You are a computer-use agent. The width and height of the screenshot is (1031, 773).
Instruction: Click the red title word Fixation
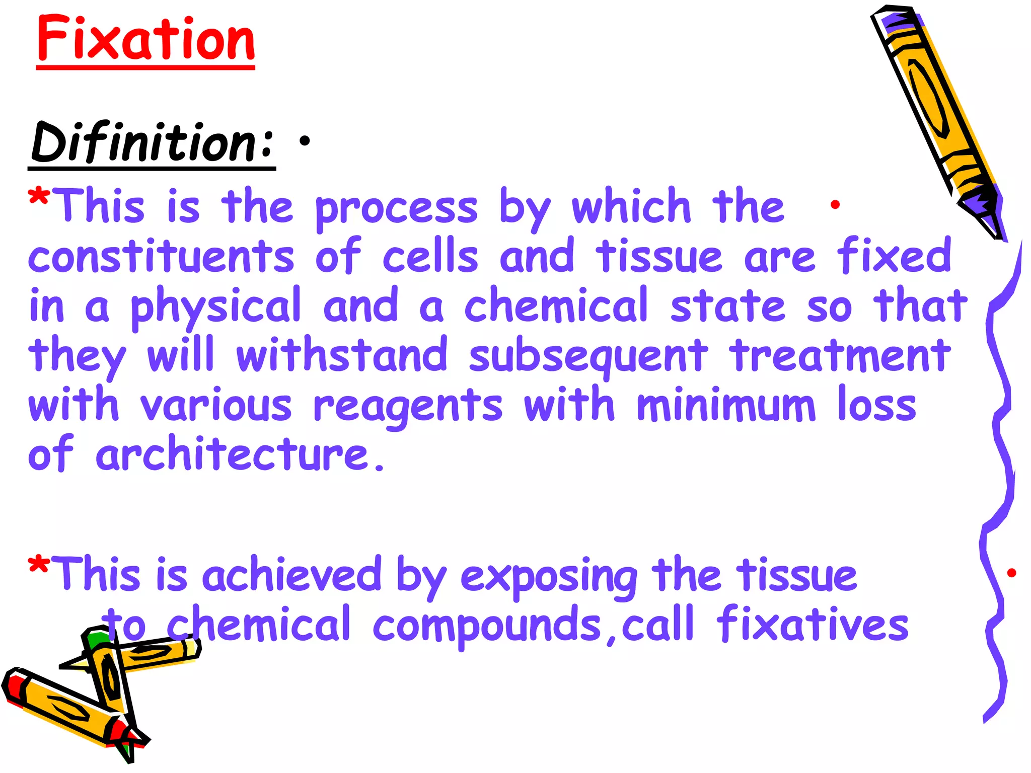[x=146, y=39]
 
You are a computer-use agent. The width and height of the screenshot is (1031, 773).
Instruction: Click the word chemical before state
[x=556, y=305]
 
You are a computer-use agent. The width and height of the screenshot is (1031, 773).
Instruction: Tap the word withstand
[x=342, y=355]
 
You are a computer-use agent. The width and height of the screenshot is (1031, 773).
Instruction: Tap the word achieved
[x=291, y=575]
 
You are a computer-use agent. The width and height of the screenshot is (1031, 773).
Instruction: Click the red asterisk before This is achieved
[x=38, y=566]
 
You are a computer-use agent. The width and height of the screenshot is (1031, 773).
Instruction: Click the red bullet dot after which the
[x=835, y=204]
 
